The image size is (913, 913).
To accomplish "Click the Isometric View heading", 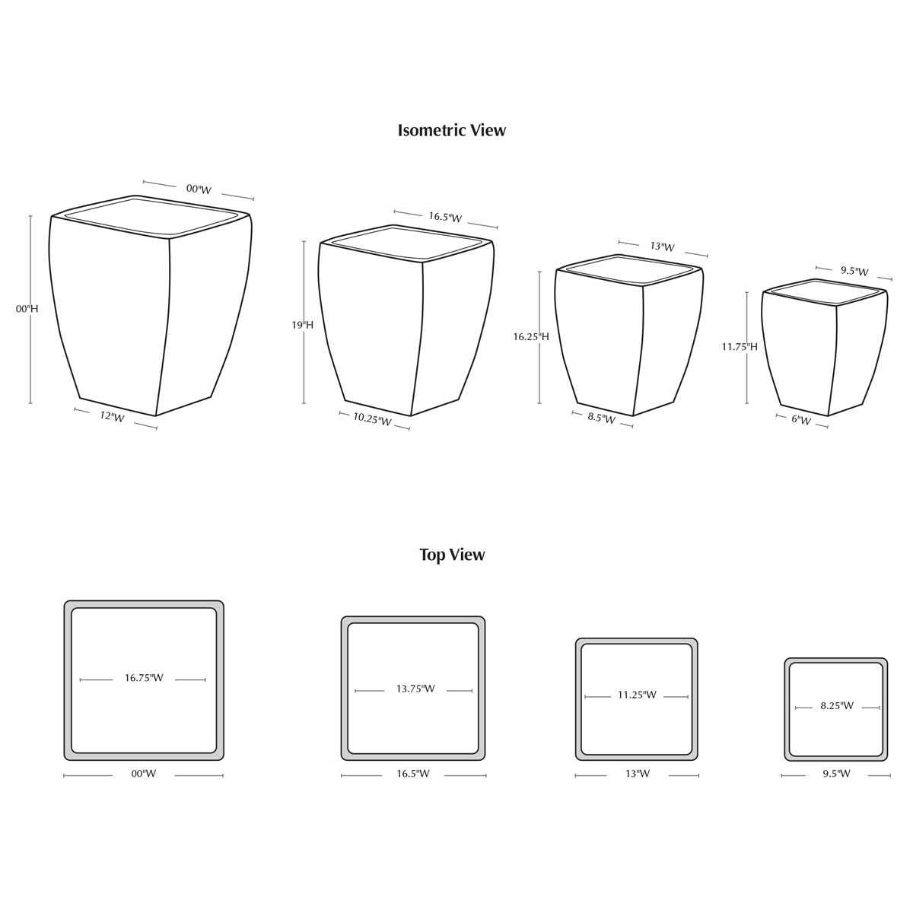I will (x=451, y=130).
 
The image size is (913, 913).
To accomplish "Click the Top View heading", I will (x=452, y=555).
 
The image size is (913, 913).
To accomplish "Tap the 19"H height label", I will (x=302, y=325).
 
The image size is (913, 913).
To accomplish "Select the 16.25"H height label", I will (x=530, y=336).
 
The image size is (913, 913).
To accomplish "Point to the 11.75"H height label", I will (x=740, y=347).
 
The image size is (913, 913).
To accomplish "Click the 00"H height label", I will (x=27, y=309).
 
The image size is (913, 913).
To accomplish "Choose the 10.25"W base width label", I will (x=372, y=419).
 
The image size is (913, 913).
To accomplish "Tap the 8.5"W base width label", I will (x=602, y=418).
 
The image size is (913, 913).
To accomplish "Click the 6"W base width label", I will (x=801, y=420).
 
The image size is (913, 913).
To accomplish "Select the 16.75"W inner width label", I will (x=144, y=678).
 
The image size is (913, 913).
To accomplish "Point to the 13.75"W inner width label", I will (x=415, y=689).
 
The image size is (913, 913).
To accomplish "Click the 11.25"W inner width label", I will (x=637, y=695).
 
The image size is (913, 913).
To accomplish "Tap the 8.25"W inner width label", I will (x=837, y=706).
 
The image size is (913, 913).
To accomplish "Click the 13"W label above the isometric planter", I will (x=662, y=247).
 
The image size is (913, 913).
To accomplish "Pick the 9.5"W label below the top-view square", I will (x=837, y=775).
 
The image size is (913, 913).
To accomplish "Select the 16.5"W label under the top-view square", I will (x=413, y=775).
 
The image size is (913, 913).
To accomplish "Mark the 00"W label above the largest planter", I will (x=199, y=189).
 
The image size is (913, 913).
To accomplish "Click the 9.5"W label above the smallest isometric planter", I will (x=854, y=271).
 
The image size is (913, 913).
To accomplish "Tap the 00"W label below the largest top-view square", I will (x=143, y=775).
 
